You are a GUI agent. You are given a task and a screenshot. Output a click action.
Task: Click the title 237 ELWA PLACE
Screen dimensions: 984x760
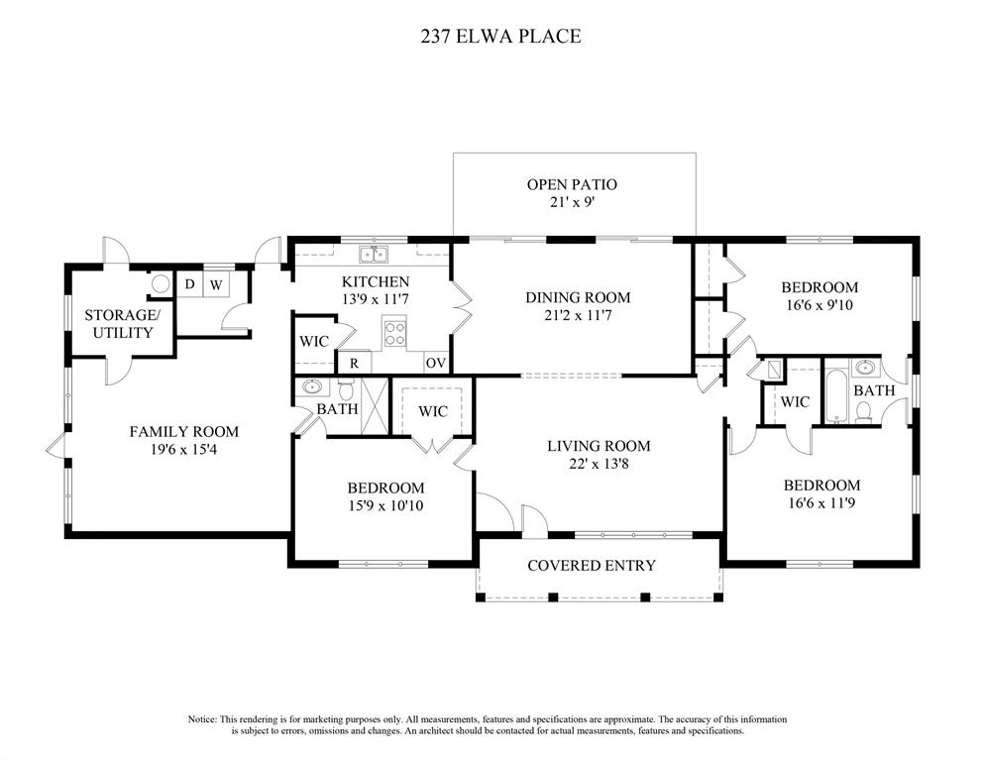tap(500, 37)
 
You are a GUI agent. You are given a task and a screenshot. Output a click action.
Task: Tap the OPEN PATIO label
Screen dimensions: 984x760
tap(572, 184)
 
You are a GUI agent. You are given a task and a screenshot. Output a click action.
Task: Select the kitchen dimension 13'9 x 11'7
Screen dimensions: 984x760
tap(376, 300)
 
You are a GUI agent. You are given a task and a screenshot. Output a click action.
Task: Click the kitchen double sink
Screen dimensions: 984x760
tap(374, 255)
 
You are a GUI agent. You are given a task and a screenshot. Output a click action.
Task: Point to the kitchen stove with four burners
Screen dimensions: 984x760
tap(394, 333)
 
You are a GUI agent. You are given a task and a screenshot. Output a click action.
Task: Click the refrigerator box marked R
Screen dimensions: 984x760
tap(354, 363)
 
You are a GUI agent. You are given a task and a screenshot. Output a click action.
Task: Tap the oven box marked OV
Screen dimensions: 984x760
tap(436, 363)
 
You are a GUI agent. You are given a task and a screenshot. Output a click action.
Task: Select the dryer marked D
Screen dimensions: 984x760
tap(189, 284)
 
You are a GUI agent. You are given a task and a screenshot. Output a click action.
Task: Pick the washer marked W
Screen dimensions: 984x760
tap(216, 284)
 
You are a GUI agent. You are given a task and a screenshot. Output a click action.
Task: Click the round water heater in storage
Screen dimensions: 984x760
tap(161, 284)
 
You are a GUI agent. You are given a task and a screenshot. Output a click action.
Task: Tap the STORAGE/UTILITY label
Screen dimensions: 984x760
tap(122, 324)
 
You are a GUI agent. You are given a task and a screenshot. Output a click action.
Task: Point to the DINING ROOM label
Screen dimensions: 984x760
tap(578, 297)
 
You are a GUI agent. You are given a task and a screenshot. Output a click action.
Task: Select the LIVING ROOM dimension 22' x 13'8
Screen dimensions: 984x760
tap(599, 465)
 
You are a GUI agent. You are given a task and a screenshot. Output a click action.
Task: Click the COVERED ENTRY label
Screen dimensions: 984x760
tap(592, 566)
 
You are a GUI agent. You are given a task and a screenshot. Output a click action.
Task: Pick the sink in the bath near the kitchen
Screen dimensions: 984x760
tap(312, 386)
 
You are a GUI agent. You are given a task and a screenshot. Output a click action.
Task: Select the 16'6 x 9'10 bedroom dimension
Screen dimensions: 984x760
tap(820, 305)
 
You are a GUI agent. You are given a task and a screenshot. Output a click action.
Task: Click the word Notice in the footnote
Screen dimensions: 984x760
tap(201, 719)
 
